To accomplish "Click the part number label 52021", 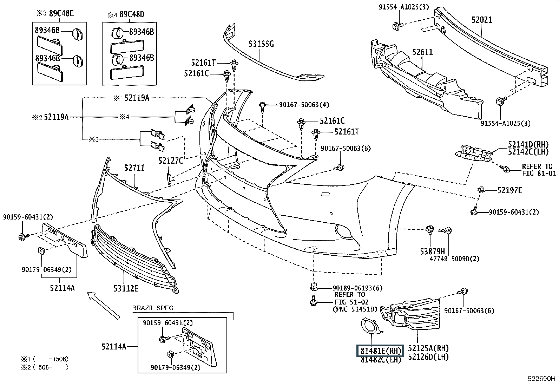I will point(482,20).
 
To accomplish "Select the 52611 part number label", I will point(422,52).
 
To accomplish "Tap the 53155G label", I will point(261,44).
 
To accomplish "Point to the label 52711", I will point(134,168).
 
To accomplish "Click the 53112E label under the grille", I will point(126,288).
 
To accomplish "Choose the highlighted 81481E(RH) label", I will point(381,351).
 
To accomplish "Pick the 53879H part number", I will point(432,251).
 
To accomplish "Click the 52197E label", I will point(509,190).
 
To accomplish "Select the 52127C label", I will point(171,161).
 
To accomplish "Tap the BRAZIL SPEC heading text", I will point(153,308).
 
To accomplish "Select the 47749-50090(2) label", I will point(454,259).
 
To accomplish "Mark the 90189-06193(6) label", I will point(357,288).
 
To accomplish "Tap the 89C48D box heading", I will point(127,14).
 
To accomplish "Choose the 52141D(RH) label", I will point(528,144).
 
